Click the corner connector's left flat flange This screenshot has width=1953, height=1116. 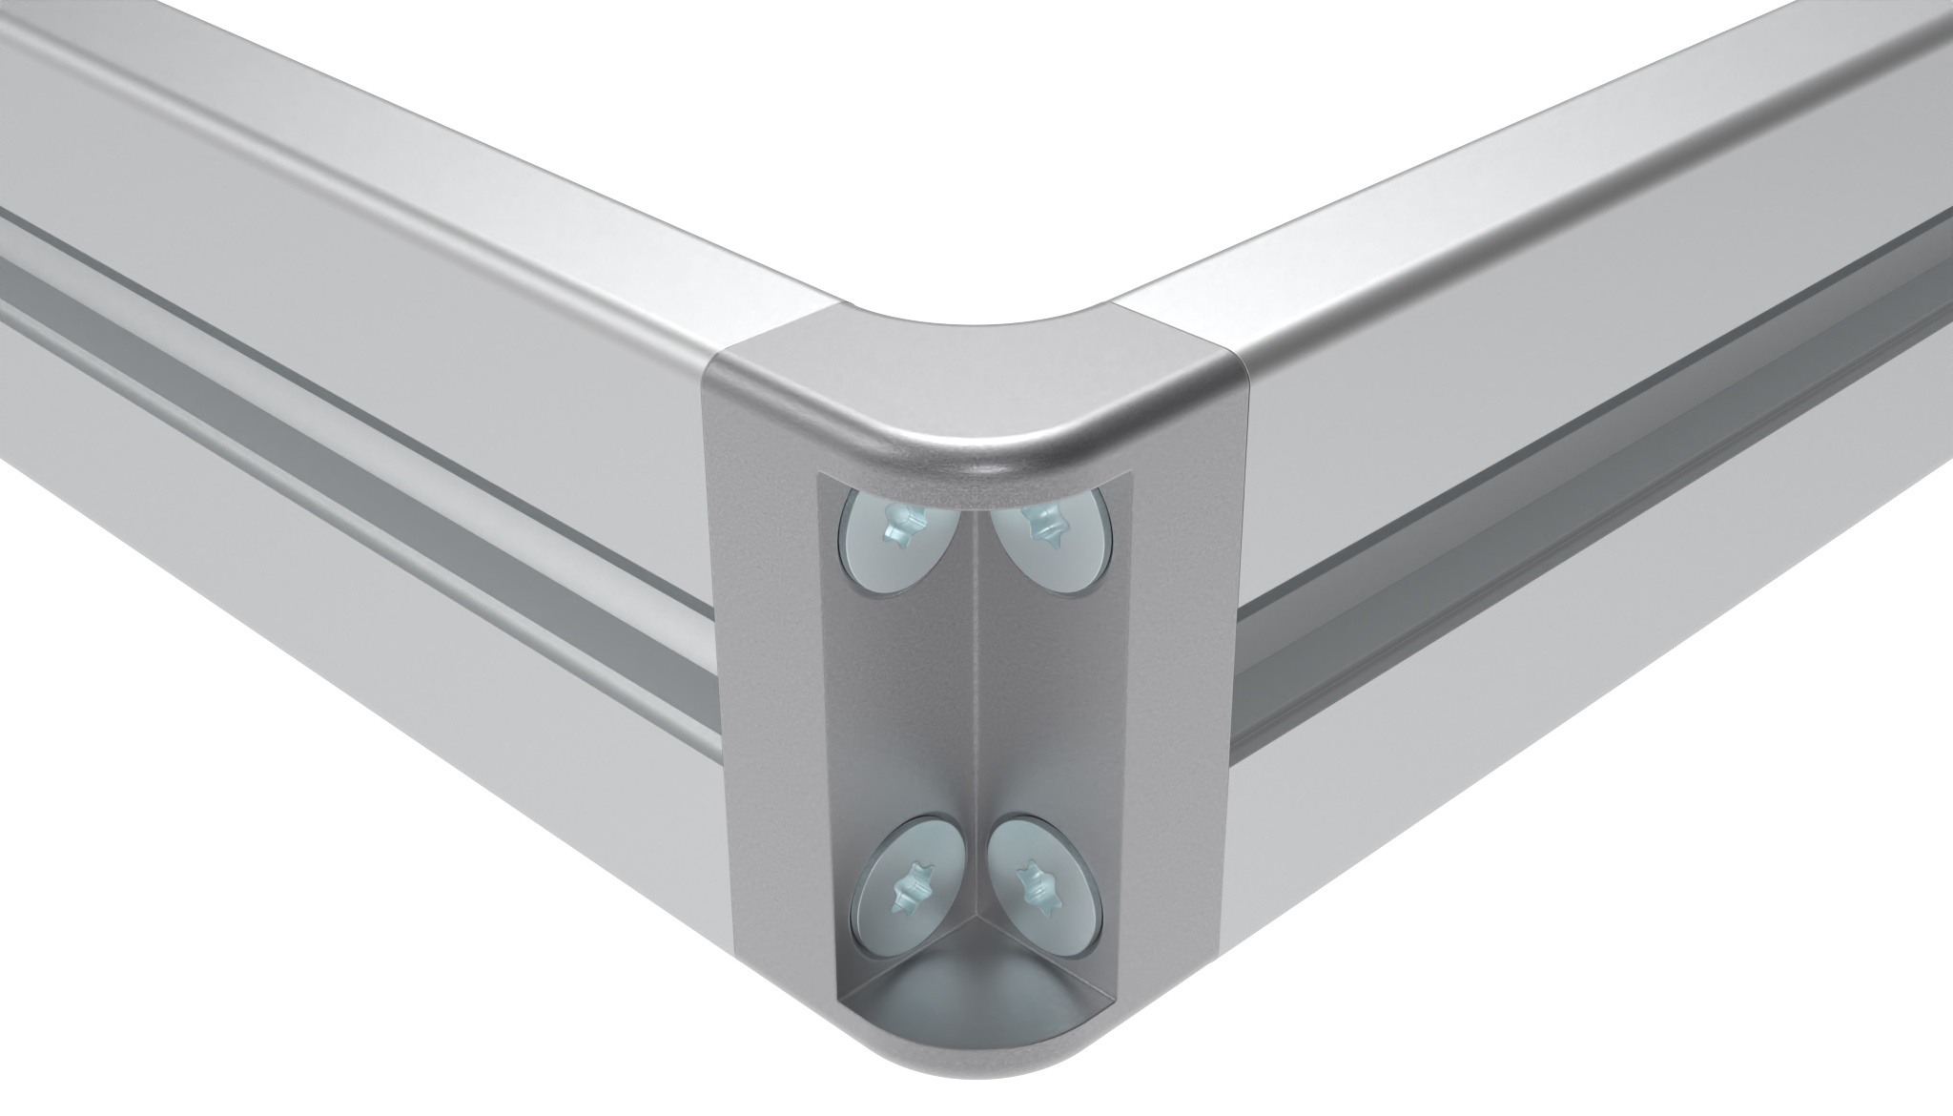coord(763,668)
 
